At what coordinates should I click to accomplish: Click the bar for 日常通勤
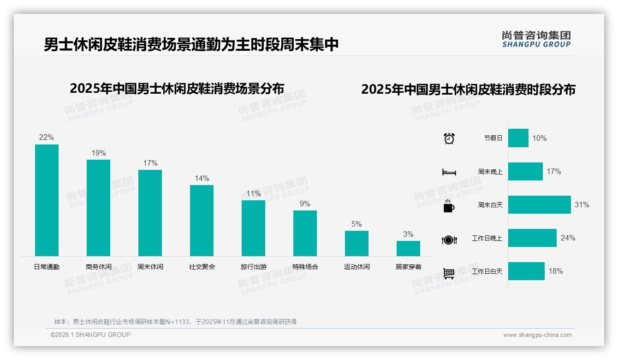point(47,200)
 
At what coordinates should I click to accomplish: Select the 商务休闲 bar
point(98,208)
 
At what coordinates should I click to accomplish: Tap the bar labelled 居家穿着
point(408,248)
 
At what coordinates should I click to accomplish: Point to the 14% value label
point(202,178)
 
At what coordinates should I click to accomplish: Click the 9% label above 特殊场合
point(305,204)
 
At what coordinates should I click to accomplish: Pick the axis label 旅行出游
point(253,267)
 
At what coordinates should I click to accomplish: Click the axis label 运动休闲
point(357,267)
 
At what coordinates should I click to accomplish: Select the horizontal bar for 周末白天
point(539,204)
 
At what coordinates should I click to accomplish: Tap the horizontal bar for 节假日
point(518,138)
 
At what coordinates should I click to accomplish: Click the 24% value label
point(568,238)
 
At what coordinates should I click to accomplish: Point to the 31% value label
point(582,204)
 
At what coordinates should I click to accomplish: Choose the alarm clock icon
point(449,138)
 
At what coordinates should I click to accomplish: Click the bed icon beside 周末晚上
point(449,172)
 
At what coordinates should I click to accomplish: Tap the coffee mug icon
point(449,206)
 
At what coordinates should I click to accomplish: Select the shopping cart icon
point(449,273)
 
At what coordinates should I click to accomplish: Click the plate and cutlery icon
point(449,240)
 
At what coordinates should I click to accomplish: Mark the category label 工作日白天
point(487,271)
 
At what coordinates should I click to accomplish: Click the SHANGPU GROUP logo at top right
point(536,39)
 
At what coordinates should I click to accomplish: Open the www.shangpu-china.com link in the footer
point(537,335)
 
